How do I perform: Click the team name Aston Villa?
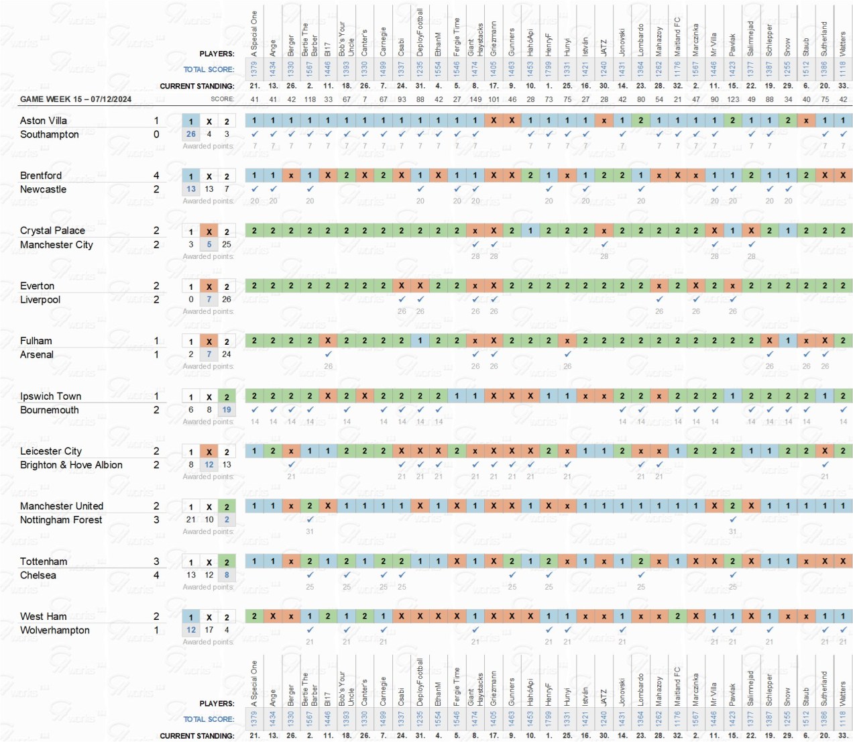(x=44, y=121)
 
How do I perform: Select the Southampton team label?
(x=50, y=135)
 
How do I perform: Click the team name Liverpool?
(x=40, y=300)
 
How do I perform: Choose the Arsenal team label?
(x=37, y=355)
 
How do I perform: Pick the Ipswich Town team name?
(x=50, y=396)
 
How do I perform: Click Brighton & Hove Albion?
(x=71, y=465)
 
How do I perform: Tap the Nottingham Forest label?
(x=61, y=520)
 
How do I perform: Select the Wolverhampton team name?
(x=55, y=630)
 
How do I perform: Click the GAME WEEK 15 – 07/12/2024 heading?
(x=76, y=99)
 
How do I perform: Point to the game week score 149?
(x=475, y=99)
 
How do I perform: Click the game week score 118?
(x=310, y=99)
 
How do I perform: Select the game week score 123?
(x=733, y=99)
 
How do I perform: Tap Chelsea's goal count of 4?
(x=156, y=576)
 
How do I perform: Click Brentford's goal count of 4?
(x=156, y=176)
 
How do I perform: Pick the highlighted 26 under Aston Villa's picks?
(x=191, y=134)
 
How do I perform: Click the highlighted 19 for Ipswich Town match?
(x=227, y=410)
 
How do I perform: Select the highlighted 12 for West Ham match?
(x=191, y=630)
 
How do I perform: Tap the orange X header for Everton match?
(x=209, y=286)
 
